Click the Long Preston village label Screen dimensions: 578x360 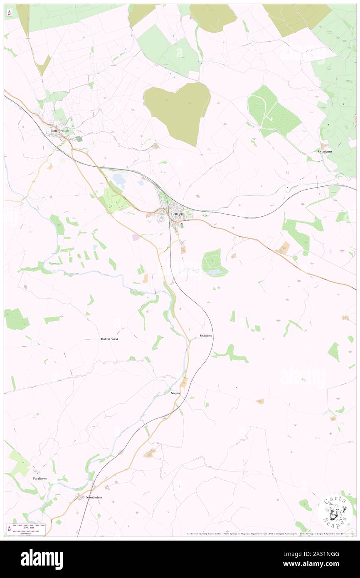[60, 131]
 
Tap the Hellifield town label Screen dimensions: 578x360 [180, 214]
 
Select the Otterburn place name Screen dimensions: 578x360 [326, 151]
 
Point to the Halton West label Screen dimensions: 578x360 [109, 339]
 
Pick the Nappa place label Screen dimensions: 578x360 [175, 393]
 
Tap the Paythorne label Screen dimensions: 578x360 [40, 479]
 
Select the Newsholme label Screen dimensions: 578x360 [94, 497]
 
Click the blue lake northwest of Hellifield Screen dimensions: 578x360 [118, 179]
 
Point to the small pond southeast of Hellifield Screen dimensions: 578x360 [215, 272]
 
